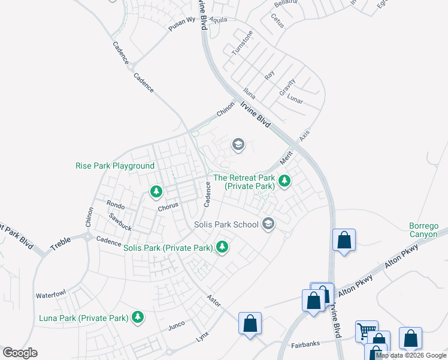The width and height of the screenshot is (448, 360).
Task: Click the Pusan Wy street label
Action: point(182,24)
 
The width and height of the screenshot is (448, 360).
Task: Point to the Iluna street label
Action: point(249,94)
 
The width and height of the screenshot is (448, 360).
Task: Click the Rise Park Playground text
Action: point(115,166)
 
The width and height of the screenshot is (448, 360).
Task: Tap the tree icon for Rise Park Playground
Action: point(156,191)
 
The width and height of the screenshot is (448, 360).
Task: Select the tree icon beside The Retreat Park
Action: point(284,181)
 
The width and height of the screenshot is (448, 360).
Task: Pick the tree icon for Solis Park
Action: point(222,247)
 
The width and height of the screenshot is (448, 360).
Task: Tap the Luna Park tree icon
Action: point(138,317)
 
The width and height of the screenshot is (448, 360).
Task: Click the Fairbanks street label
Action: point(307,345)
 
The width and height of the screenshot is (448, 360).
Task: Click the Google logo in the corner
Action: point(20,353)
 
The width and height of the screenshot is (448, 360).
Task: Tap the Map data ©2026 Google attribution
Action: point(411,355)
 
